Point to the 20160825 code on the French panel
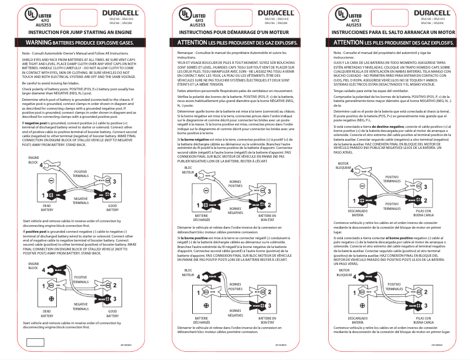[x=280, y=346]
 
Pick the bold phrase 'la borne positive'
[x=196, y=237]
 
